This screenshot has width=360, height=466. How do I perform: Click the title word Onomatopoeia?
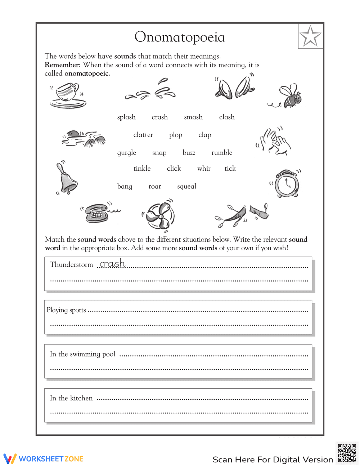[x=180, y=37]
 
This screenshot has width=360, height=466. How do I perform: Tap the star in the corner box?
[x=310, y=36]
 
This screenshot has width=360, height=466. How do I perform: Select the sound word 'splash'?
[x=126, y=117]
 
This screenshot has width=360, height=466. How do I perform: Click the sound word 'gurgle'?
[x=127, y=153]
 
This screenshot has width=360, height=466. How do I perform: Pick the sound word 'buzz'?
[x=189, y=153]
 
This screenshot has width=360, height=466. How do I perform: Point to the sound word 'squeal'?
[x=186, y=186]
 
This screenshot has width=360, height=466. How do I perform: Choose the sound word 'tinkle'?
[x=142, y=169]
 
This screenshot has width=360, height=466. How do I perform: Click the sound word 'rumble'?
[x=222, y=153]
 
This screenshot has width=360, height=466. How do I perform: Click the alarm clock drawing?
[x=287, y=184]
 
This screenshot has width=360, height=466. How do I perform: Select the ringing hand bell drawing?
[x=67, y=178]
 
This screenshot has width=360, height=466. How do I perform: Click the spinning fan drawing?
[x=159, y=215]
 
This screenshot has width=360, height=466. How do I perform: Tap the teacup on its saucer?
[x=68, y=95]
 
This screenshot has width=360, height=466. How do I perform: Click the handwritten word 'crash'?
[x=112, y=264]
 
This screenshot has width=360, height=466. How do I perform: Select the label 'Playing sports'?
[x=66, y=310]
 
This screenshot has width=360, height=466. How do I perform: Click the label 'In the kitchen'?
[x=71, y=398]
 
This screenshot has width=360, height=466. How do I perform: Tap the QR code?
[x=347, y=453]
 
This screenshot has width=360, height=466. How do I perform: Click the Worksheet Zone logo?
[x=44, y=459]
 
